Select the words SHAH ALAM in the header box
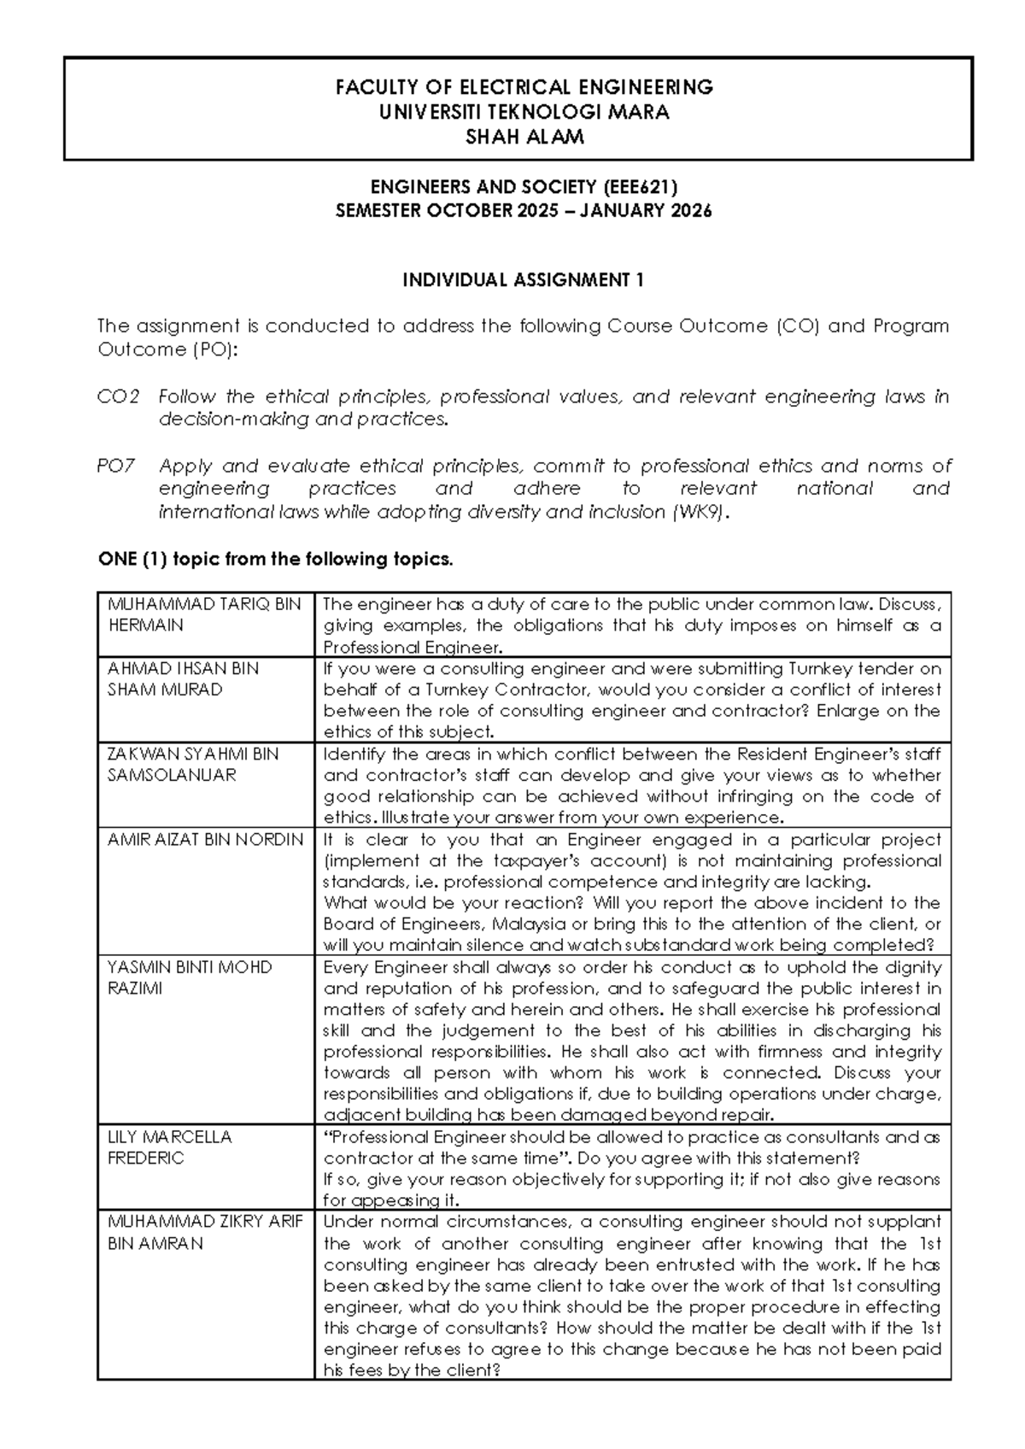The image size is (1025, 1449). pos(524,137)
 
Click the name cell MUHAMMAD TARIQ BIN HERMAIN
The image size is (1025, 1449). pos(204,614)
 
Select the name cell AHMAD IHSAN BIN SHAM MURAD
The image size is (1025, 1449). pos(183,678)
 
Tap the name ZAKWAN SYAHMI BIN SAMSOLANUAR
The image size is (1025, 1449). pos(193,764)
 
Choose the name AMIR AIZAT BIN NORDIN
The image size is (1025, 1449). pos(205,839)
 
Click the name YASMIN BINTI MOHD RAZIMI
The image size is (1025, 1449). pos(190,977)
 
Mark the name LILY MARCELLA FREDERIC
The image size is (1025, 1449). pos(169,1147)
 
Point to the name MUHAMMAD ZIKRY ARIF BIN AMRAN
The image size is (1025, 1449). pos(204,1232)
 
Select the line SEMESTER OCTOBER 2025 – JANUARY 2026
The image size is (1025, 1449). pos(524,211)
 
